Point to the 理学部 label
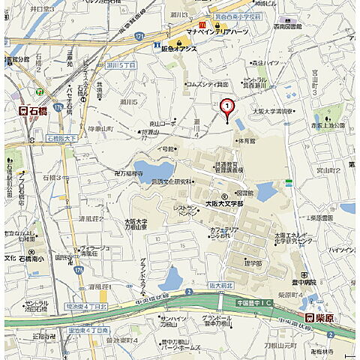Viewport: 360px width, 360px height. [253, 263]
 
